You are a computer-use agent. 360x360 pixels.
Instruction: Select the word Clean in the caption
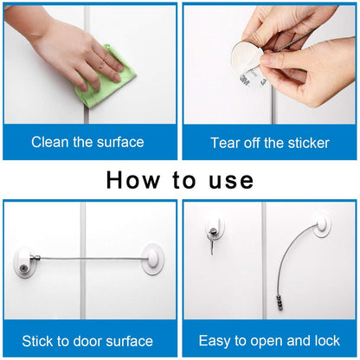pyautogui.click(x=50, y=142)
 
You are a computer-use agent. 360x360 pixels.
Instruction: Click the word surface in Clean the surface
pyautogui.click(x=119, y=142)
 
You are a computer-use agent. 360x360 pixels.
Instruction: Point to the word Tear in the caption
pyautogui.click(x=226, y=142)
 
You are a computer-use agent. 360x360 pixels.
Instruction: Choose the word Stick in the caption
pyautogui.click(x=42, y=341)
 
